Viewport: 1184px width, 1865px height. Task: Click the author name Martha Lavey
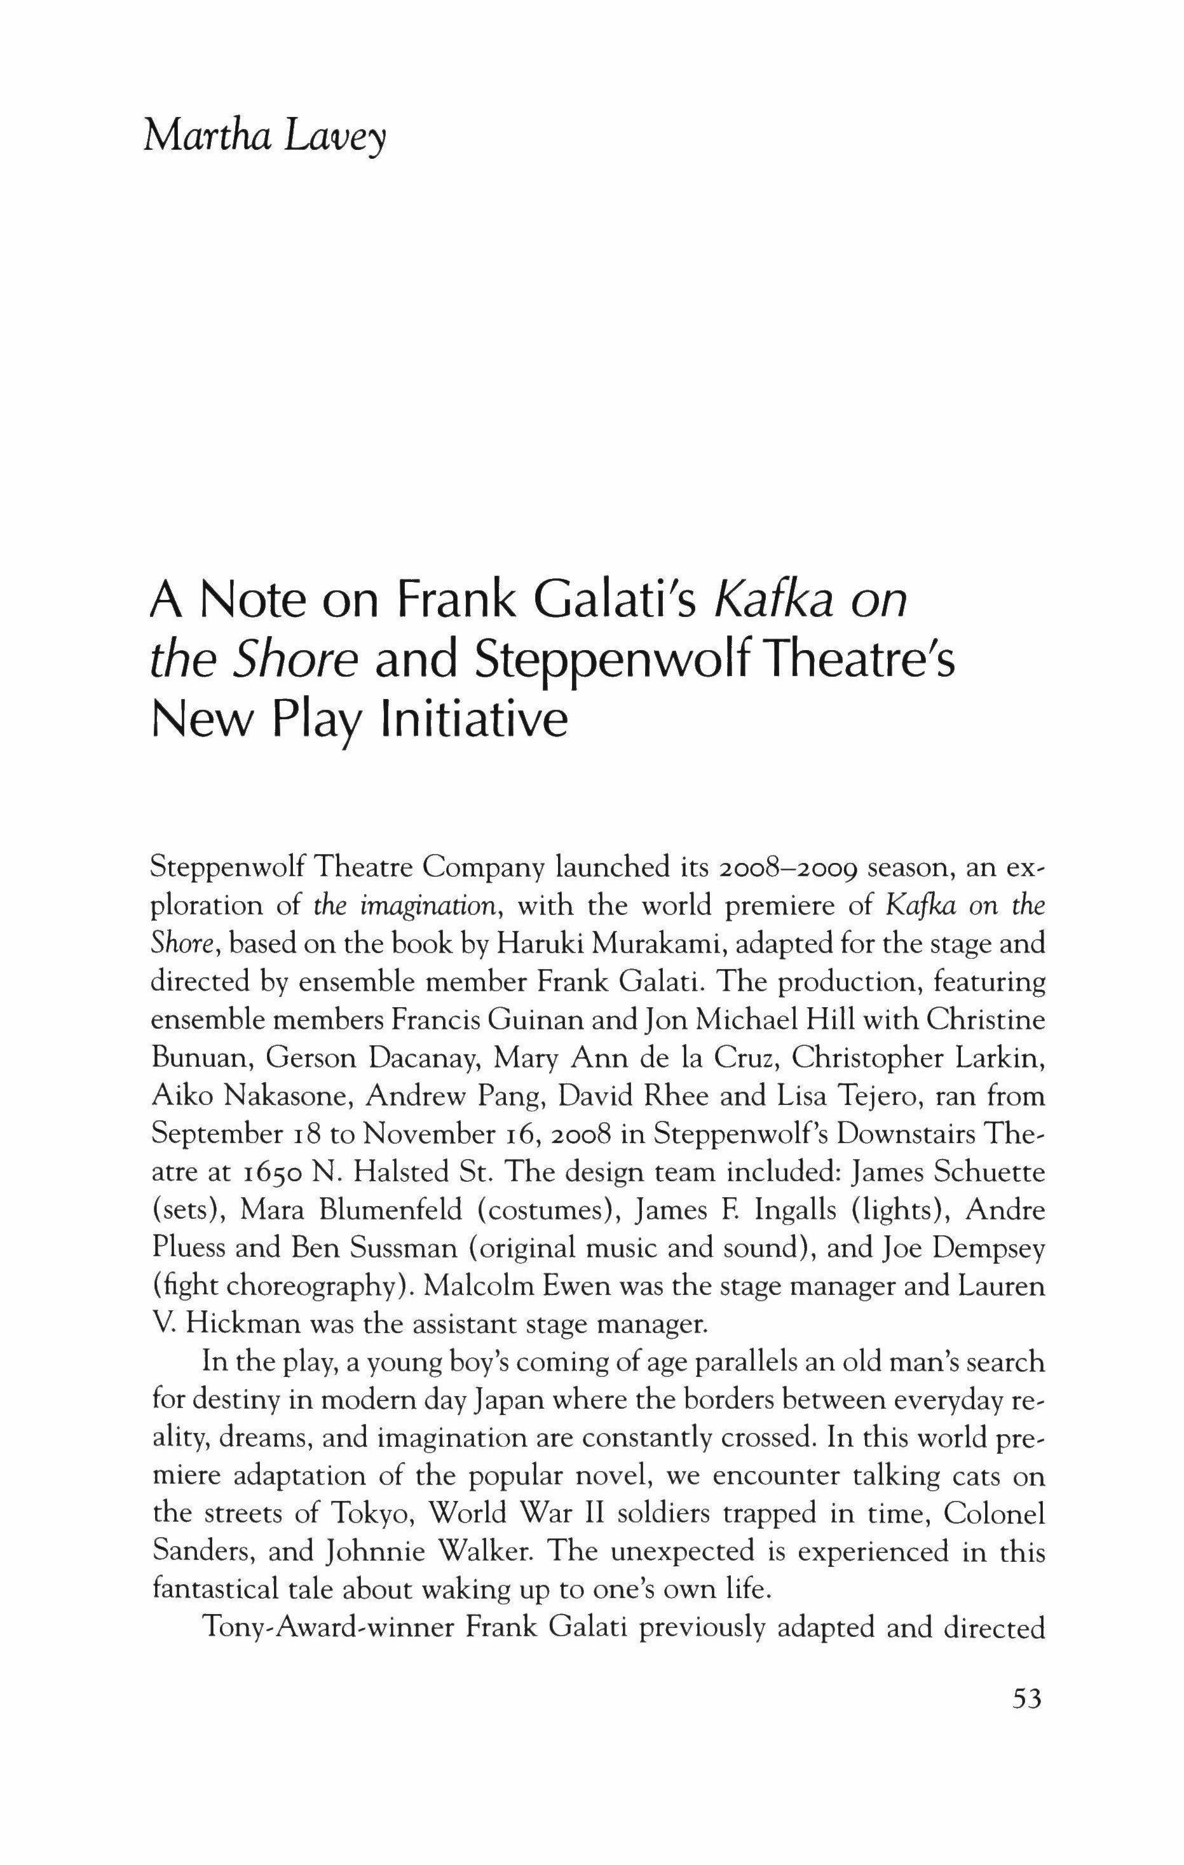click(264, 139)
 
